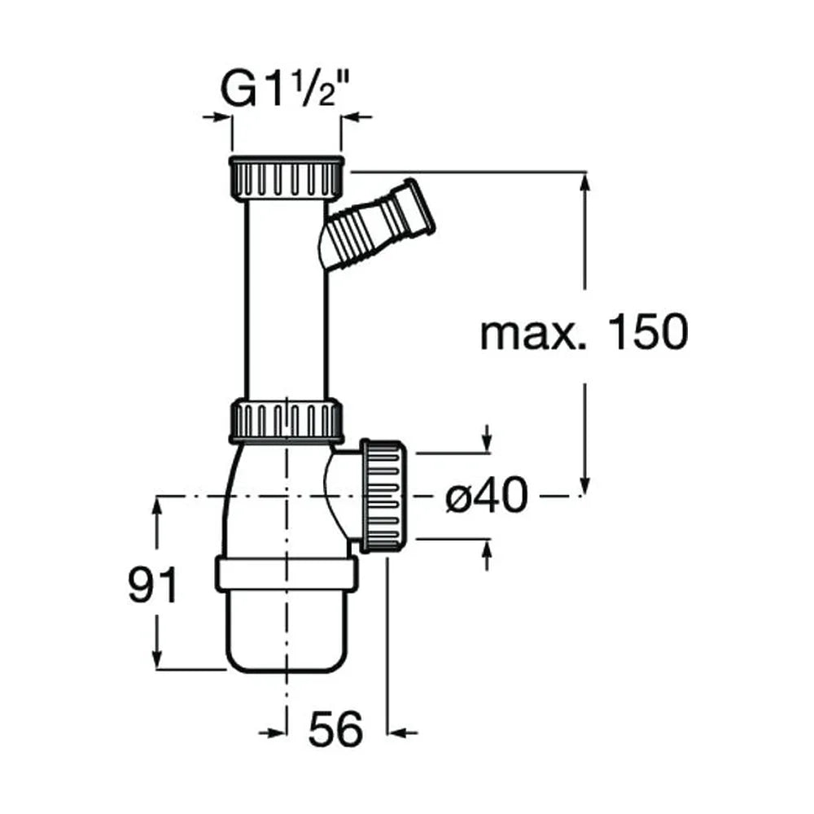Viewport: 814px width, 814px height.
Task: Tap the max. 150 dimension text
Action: pos(584,332)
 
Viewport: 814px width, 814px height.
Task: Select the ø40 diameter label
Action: pos(487,496)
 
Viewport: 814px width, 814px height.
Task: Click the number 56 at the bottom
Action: pos(335,729)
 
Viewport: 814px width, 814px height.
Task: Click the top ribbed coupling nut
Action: pos(286,177)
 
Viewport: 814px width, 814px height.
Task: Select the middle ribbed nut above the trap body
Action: pos(286,421)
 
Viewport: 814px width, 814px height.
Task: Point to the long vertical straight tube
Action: pos(287,300)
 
